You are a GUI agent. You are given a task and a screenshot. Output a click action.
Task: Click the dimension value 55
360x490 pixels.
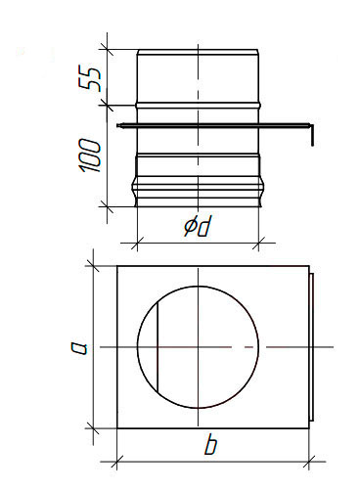click(x=89, y=79)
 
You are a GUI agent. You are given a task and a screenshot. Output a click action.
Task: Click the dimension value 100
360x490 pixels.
click(x=89, y=156)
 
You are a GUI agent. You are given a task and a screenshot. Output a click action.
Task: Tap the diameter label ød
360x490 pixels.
click(x=197, y=226)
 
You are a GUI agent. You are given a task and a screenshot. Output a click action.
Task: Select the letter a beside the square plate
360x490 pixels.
click(x=80, y=347)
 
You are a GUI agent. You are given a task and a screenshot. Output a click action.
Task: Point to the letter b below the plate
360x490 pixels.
click(x=210, y=445)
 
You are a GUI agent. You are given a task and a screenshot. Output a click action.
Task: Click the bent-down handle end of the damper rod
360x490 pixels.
click(x=312, y=135)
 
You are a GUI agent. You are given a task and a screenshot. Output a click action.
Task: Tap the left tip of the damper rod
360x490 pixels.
click(x=118, y=125)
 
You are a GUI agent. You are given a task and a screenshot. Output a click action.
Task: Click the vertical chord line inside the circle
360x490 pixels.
click(x=157, y=347)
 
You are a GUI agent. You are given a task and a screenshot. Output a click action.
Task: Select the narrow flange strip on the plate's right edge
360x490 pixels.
click(x=311, y=347)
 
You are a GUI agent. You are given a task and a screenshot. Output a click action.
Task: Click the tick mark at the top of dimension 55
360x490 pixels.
click(x=107, y=50)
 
